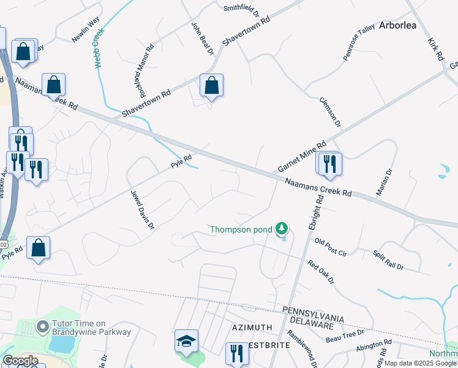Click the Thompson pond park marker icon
282,229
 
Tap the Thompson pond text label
241,230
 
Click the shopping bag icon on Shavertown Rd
211,86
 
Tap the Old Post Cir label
331,247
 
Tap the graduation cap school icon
187,342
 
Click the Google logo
20,361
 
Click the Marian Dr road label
383,182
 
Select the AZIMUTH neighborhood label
251,328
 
